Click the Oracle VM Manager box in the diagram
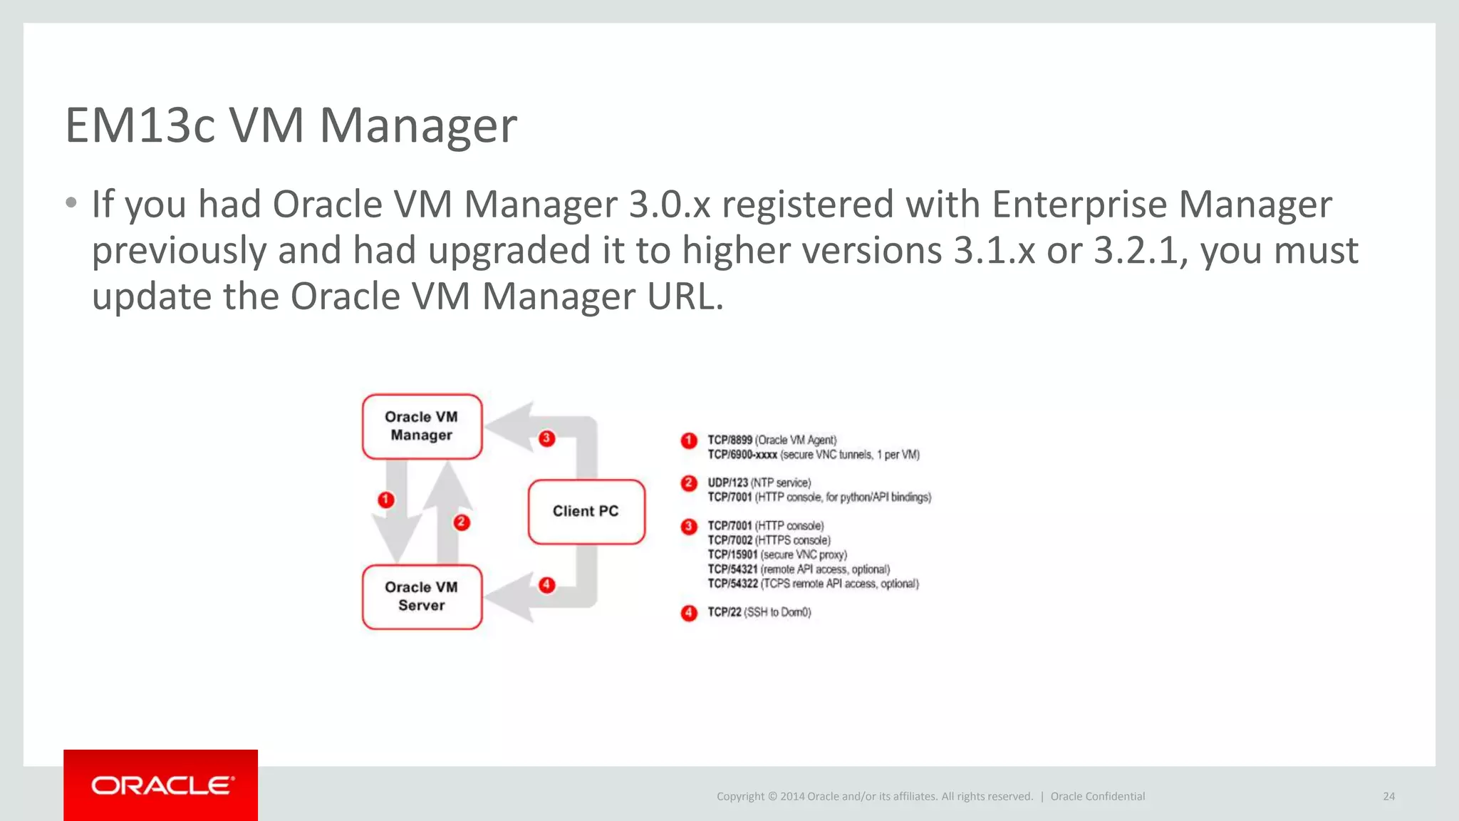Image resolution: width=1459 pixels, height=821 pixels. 422,426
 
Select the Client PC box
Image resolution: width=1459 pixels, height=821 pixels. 586,511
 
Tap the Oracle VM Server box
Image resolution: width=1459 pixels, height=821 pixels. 422,597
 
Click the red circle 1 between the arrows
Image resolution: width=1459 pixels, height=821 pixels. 386,500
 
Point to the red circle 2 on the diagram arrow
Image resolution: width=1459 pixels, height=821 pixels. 462,522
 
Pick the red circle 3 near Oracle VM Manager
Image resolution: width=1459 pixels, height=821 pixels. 546,438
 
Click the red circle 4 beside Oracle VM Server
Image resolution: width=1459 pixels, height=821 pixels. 546,585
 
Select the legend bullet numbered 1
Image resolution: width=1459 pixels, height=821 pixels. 688,440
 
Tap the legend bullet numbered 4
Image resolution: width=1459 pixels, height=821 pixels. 688,613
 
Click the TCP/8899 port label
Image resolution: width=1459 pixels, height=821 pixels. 729,440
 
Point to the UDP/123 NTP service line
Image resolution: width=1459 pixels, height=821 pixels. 759,483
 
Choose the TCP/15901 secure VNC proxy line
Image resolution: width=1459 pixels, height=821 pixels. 777,554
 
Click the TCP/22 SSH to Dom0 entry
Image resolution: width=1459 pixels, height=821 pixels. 759,612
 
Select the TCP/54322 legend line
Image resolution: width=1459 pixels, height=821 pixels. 812,584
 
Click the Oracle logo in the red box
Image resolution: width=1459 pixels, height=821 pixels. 161,785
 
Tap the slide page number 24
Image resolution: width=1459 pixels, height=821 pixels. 1388,797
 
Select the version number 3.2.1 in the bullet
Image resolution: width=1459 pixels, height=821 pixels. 1136,251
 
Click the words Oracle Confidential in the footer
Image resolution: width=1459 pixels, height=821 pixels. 1097,797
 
